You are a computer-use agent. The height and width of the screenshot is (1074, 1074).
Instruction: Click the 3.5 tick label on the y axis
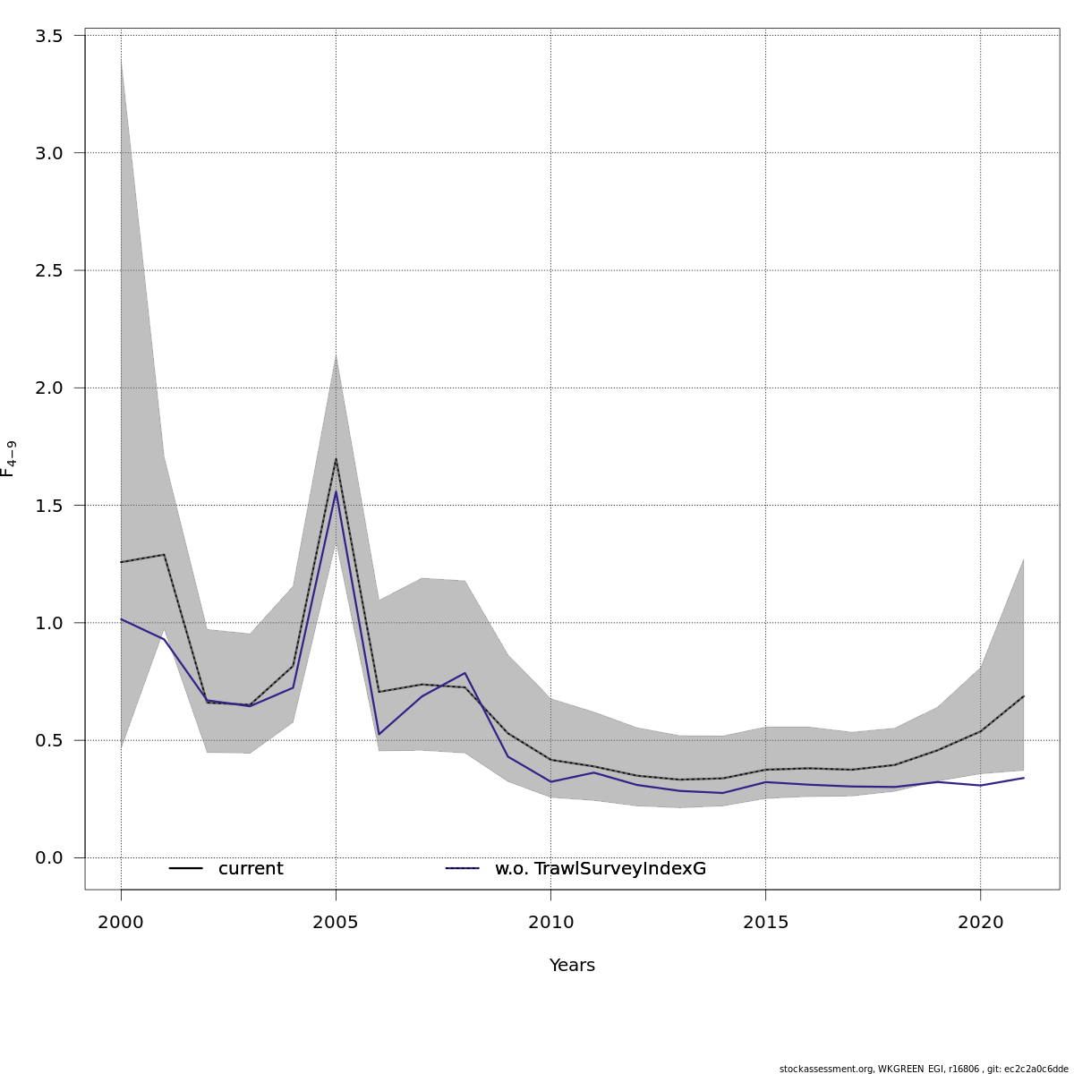pyautogui.click(x=48, y=36)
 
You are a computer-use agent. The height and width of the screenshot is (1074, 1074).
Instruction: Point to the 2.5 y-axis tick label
pyautogui.click(x=48, y=270)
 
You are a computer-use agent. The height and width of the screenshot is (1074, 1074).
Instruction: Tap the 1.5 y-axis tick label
pyautogui.click(x=48, y=506)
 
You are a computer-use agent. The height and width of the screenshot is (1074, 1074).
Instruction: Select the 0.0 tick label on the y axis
pyautogui.click(x=48, y=858)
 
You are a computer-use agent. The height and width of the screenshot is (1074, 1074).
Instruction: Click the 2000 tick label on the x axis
pyautogui.click(x=121, y=923)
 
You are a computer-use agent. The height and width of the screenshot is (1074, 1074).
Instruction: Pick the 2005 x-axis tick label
pyautogui.click(x=336, y=923)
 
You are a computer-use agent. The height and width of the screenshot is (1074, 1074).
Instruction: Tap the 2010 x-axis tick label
pyautogui.click(x=550, y=923)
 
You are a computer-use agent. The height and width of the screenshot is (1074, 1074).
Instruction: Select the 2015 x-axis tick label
pyautogui.click(x=765, y=923)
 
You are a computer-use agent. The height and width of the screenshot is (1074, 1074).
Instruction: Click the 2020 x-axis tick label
pyautogui.click(x=980, y=923)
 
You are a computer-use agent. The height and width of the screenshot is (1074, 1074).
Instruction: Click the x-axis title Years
pyautogui.click(x=572, y=966)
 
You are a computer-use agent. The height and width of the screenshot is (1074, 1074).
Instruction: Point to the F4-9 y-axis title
pyautogui.click(x=9, y=458)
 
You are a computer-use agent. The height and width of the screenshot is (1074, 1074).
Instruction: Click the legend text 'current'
pyautogui.click(x=251, y=869)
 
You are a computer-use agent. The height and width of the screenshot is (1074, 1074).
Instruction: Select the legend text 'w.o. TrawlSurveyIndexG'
pyautogui.click(x=601, y=869)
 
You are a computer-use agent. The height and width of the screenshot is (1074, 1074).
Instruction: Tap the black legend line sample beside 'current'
pyautogui.click(x=186, y=869)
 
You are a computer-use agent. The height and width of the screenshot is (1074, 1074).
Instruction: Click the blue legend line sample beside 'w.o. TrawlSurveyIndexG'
pyautogui.click(x=463, y=869)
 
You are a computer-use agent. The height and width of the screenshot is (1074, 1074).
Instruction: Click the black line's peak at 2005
pyautogui.click(x=336, y=459)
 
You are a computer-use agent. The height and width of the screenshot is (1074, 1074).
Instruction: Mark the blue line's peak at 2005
pyautogui.click(x=336, y=491)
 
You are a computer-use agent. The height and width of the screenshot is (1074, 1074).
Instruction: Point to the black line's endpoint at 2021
pyautogui.click(x=1023, y=696)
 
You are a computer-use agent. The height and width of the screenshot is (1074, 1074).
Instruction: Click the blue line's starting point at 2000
pyautogui.click(x=121, y=619)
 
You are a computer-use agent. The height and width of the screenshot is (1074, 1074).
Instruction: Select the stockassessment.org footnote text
pyautogui.click(x=924, y=1069)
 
